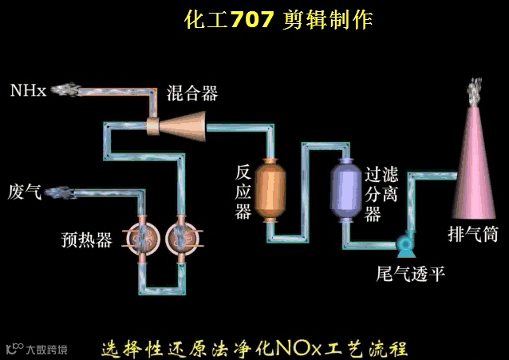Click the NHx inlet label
[x=28, y=89]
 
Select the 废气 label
[x=24, y=191]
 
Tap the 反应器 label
[x=243, y=192]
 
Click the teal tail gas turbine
[x=403, y=239]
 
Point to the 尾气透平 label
[x=411, y=274]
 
